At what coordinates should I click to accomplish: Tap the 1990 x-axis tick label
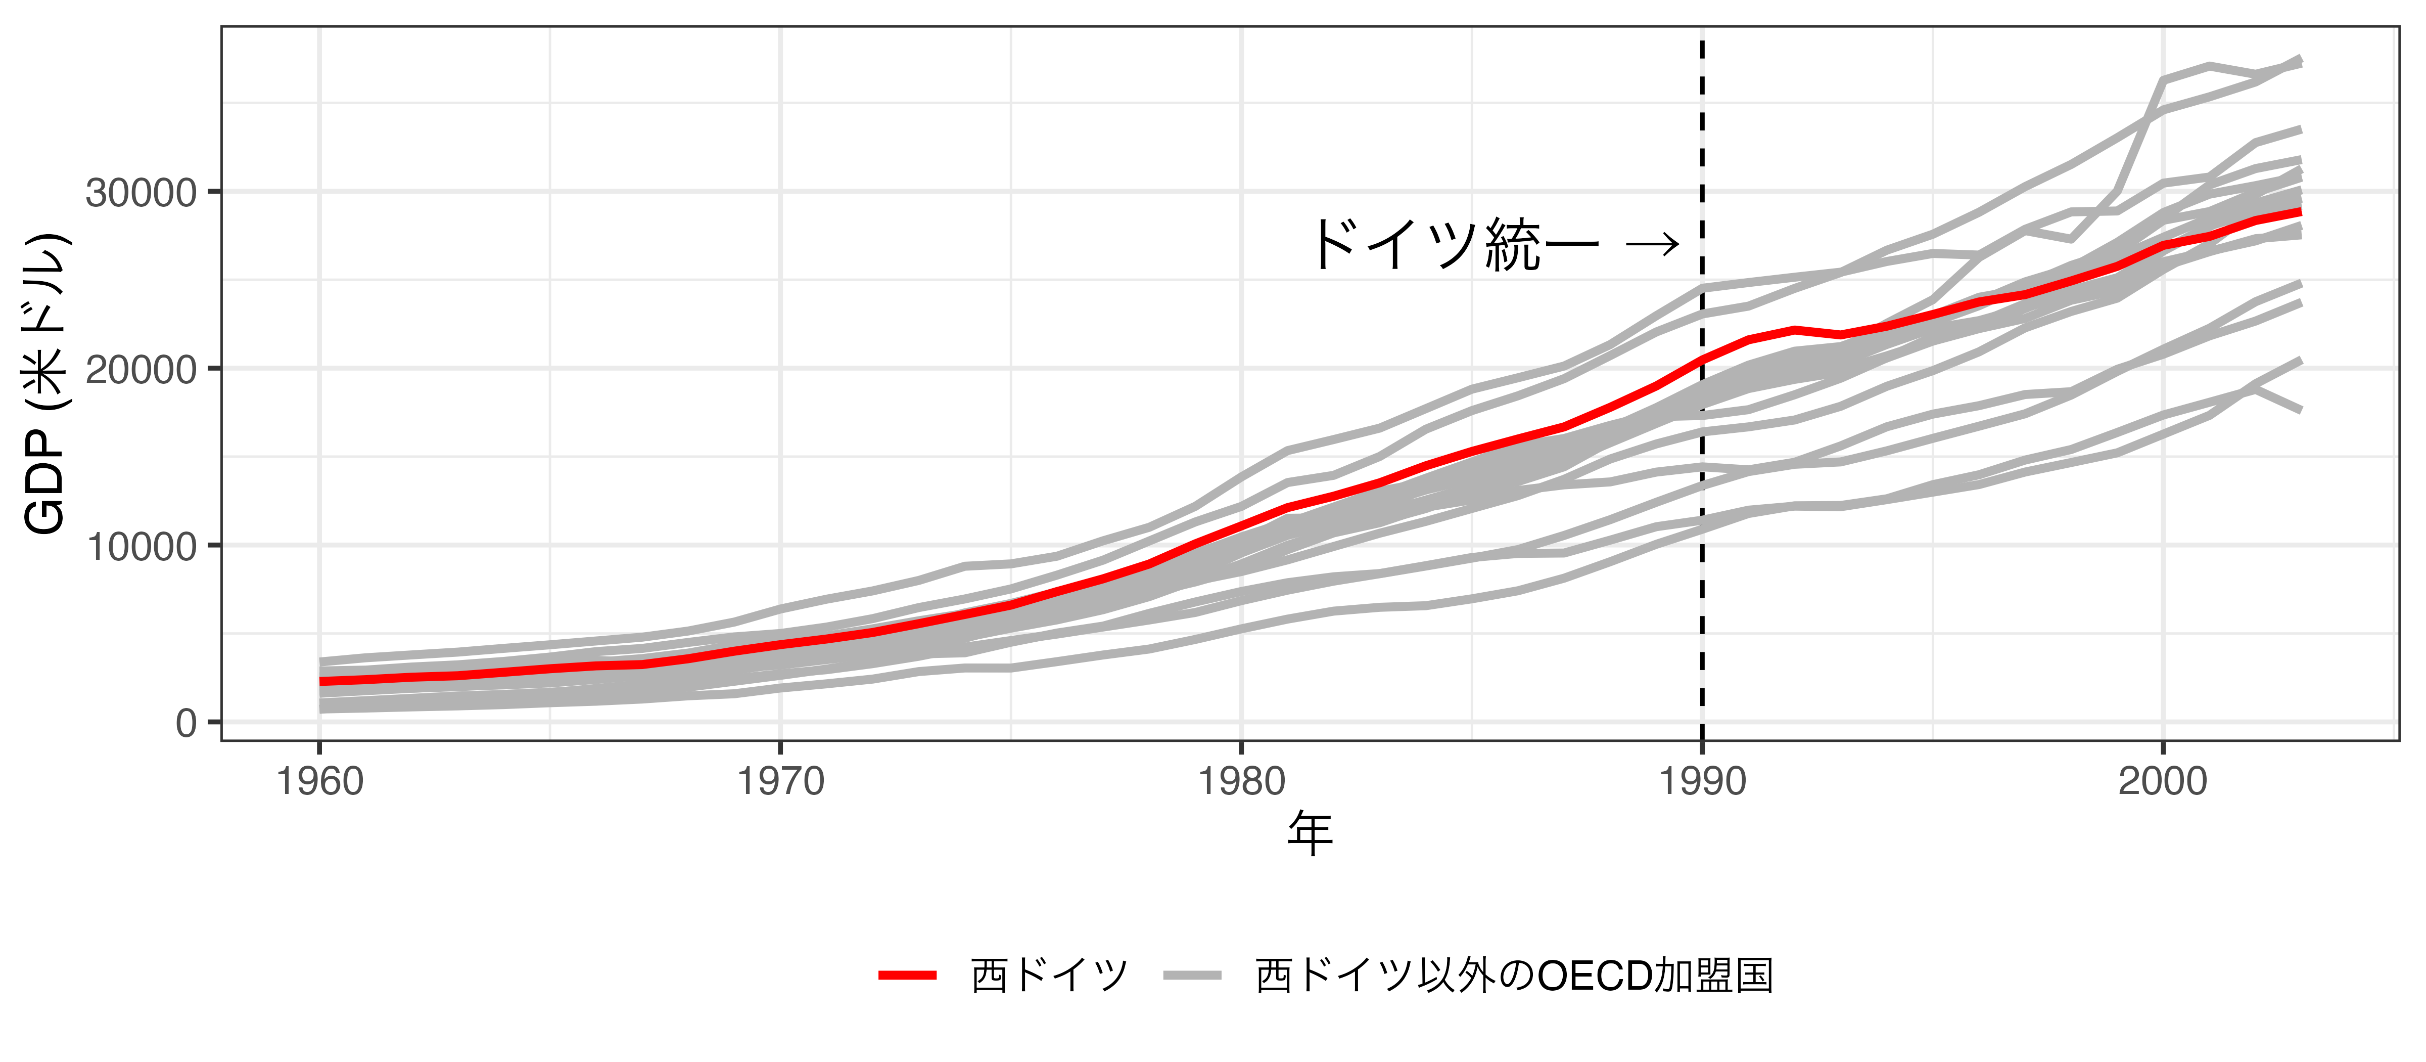pos(1702,782)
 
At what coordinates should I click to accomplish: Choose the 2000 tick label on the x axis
pos(2162,782)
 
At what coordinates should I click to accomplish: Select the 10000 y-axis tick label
pos(142,547)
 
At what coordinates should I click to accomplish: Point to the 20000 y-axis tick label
pos(142,369)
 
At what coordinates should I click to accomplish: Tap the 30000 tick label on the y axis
pos(142,193)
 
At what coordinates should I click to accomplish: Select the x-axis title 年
pos(1310,834)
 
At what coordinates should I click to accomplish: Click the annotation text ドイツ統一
pos(1455,245)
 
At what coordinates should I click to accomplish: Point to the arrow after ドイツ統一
pos(1653,245)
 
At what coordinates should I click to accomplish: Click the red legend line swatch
pos(907,976)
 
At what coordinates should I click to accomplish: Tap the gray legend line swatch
pos(1192,976)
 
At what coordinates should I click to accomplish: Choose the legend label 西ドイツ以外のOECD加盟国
pos(1514,976)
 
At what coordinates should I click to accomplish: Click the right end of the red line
pos(2299,212)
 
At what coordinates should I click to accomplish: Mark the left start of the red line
pos(322,680)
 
